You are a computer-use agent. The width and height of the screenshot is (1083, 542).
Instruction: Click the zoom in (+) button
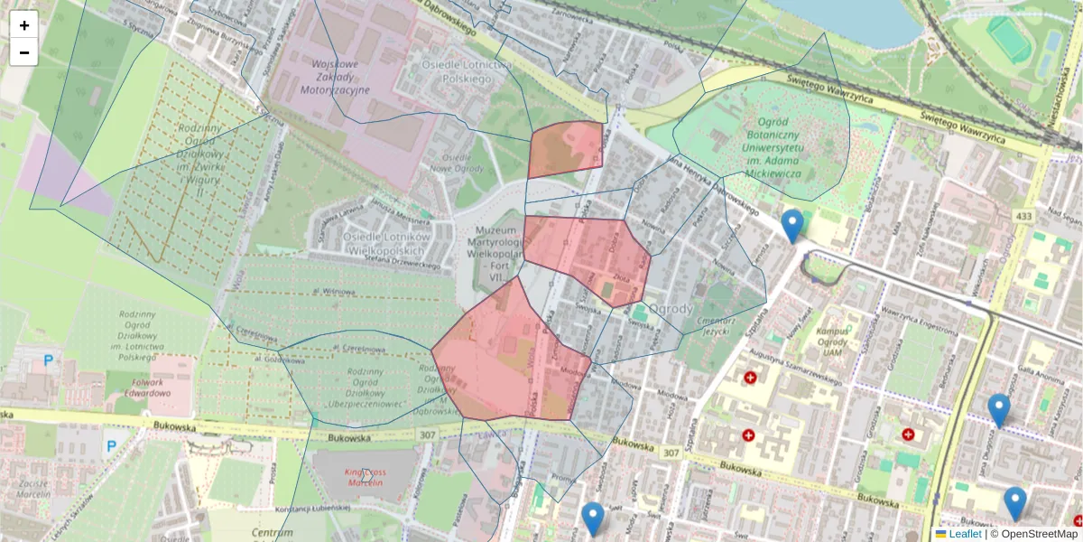click(24, 25)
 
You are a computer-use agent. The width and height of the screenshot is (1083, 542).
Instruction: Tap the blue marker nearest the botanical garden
click(792, 225)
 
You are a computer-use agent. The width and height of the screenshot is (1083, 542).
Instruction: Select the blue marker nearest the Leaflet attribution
click(1015, 502)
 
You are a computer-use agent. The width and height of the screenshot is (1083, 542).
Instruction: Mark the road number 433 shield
click(1023, 217)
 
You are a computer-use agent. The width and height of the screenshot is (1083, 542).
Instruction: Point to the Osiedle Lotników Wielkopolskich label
click(388, 243)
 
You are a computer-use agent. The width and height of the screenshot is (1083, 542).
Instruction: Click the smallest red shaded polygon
click(566, 148)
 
